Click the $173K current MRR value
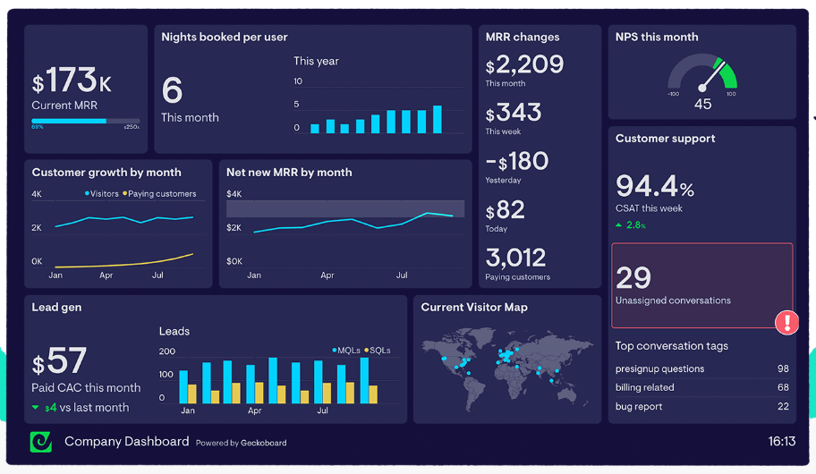coord(72,82)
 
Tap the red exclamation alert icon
coord(786,322)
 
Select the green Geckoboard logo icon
coord(41,442)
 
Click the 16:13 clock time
coord(781,442)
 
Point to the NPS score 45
coord(702,105)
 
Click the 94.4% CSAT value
coord(655,186)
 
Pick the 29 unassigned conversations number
coord(633,277)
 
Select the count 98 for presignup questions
coord(783,368)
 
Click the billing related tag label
coord(645,387)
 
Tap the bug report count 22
coord(783,407)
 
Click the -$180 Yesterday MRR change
coord(516,161)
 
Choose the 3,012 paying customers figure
coord(515,258)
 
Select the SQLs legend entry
coord(377,350)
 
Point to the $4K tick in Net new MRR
coord(234,194)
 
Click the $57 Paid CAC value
coord(60,362)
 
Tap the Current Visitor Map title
coord(474,308)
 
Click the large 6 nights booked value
coord(172,90)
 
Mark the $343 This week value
coord(514,113)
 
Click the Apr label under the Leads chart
coord(255,411)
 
